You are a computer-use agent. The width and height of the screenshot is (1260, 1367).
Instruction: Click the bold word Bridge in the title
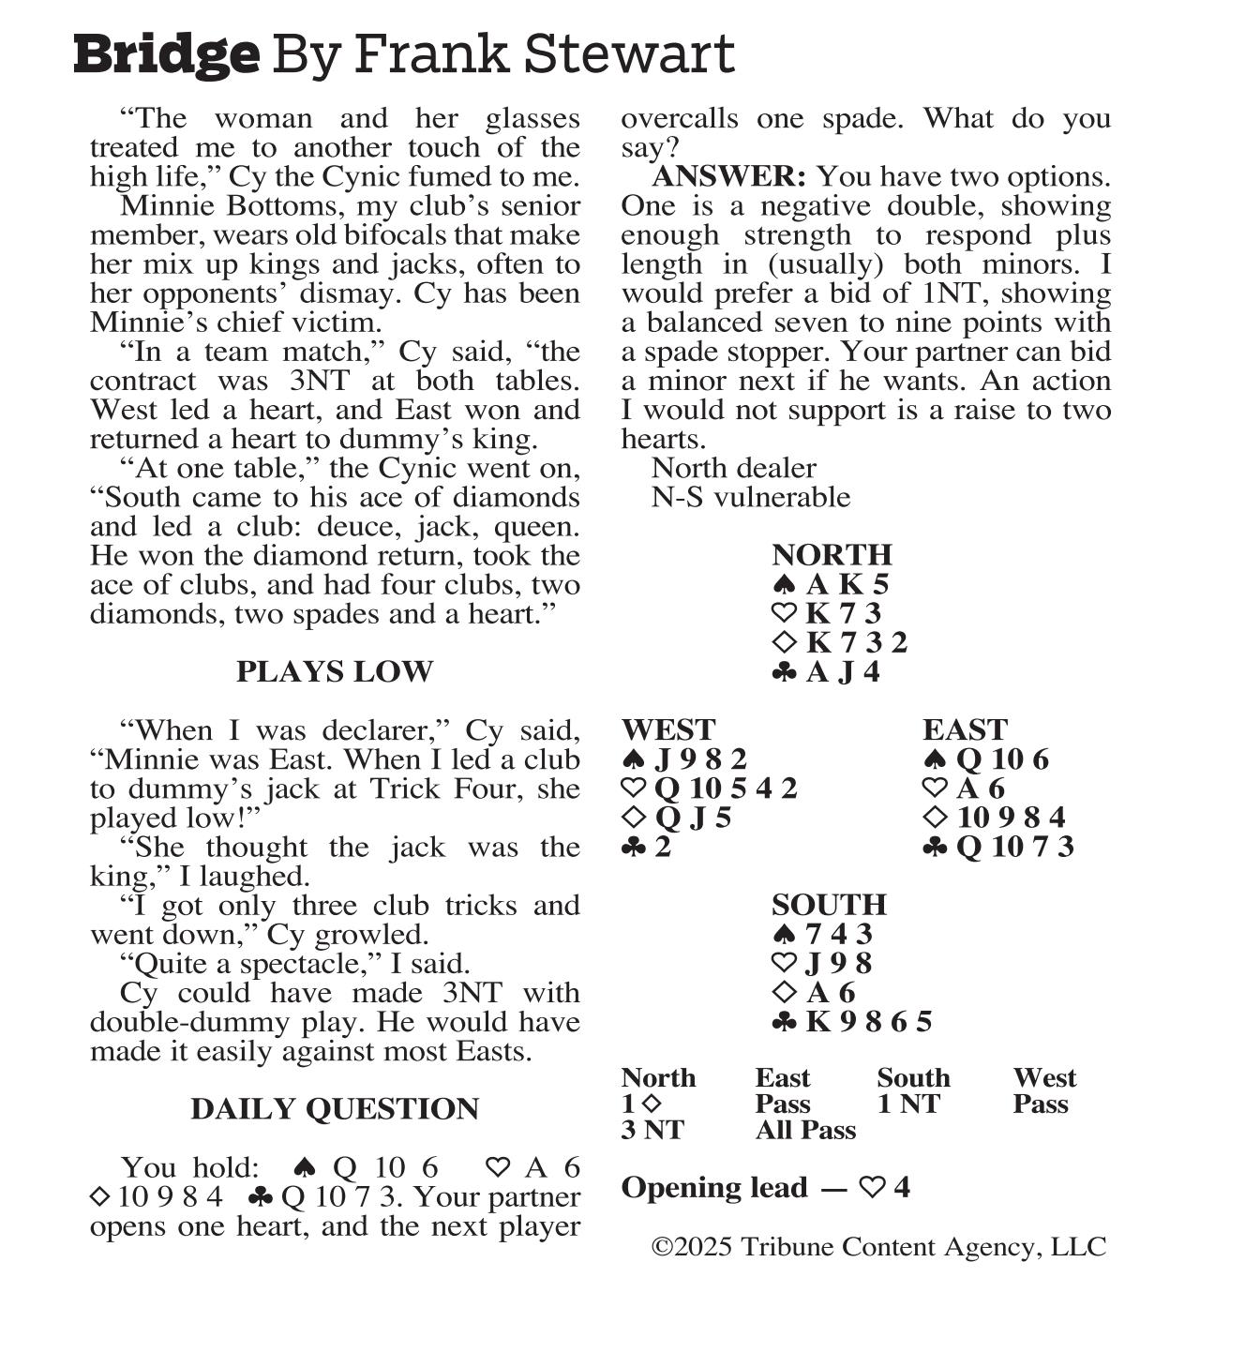coord(166,54)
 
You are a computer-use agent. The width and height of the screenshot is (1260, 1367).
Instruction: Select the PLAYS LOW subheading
coord(335,671)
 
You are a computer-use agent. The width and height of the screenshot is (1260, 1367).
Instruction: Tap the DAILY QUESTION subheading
coord(335,1108)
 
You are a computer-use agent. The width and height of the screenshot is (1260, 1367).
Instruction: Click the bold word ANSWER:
coord(728,176)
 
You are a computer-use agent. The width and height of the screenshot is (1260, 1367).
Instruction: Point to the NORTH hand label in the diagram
coord(832,554)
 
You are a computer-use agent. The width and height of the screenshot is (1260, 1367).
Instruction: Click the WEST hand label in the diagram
coord(667,729)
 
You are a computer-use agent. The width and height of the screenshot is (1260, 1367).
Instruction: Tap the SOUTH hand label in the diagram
coord(829,904)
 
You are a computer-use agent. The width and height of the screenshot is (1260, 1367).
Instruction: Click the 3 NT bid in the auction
coord(652,1130)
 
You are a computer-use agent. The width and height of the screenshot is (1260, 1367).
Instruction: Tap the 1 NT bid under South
coord(908,1104)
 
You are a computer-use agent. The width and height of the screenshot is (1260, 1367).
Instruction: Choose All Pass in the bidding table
coord(805,1130)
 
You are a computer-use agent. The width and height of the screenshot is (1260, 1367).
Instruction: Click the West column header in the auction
coord(1044,1077)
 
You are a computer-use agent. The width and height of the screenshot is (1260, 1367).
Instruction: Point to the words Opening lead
coord(713,1187)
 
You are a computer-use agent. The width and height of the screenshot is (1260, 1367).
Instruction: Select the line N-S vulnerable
coord(751,496)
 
